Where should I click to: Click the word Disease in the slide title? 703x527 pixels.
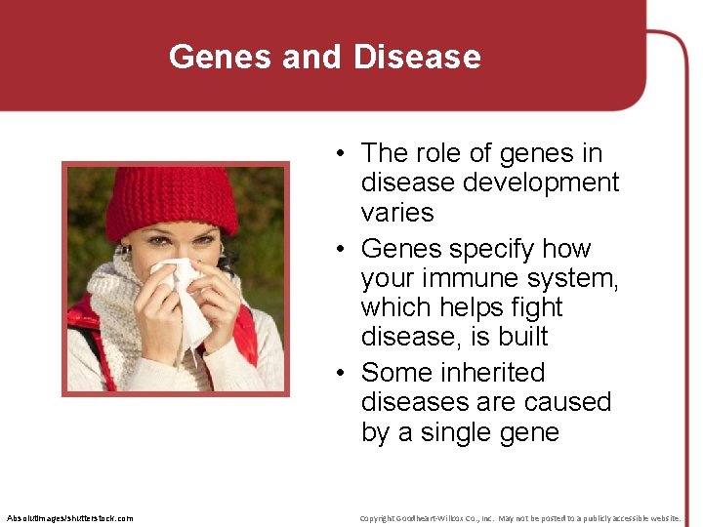click(417, 57)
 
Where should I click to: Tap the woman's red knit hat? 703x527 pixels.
click(171, 200)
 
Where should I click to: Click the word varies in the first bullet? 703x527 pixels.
click(397, 212)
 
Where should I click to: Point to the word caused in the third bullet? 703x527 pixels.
click(567, 402)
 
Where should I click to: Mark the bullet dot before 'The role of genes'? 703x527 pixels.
click(335, 154)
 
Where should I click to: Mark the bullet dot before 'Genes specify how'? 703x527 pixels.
click(335, 250)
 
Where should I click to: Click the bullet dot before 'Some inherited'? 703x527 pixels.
click(335, 374)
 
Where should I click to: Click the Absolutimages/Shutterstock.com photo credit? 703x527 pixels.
click(69, 517)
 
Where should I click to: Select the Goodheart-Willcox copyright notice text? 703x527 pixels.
click(519, 517)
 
